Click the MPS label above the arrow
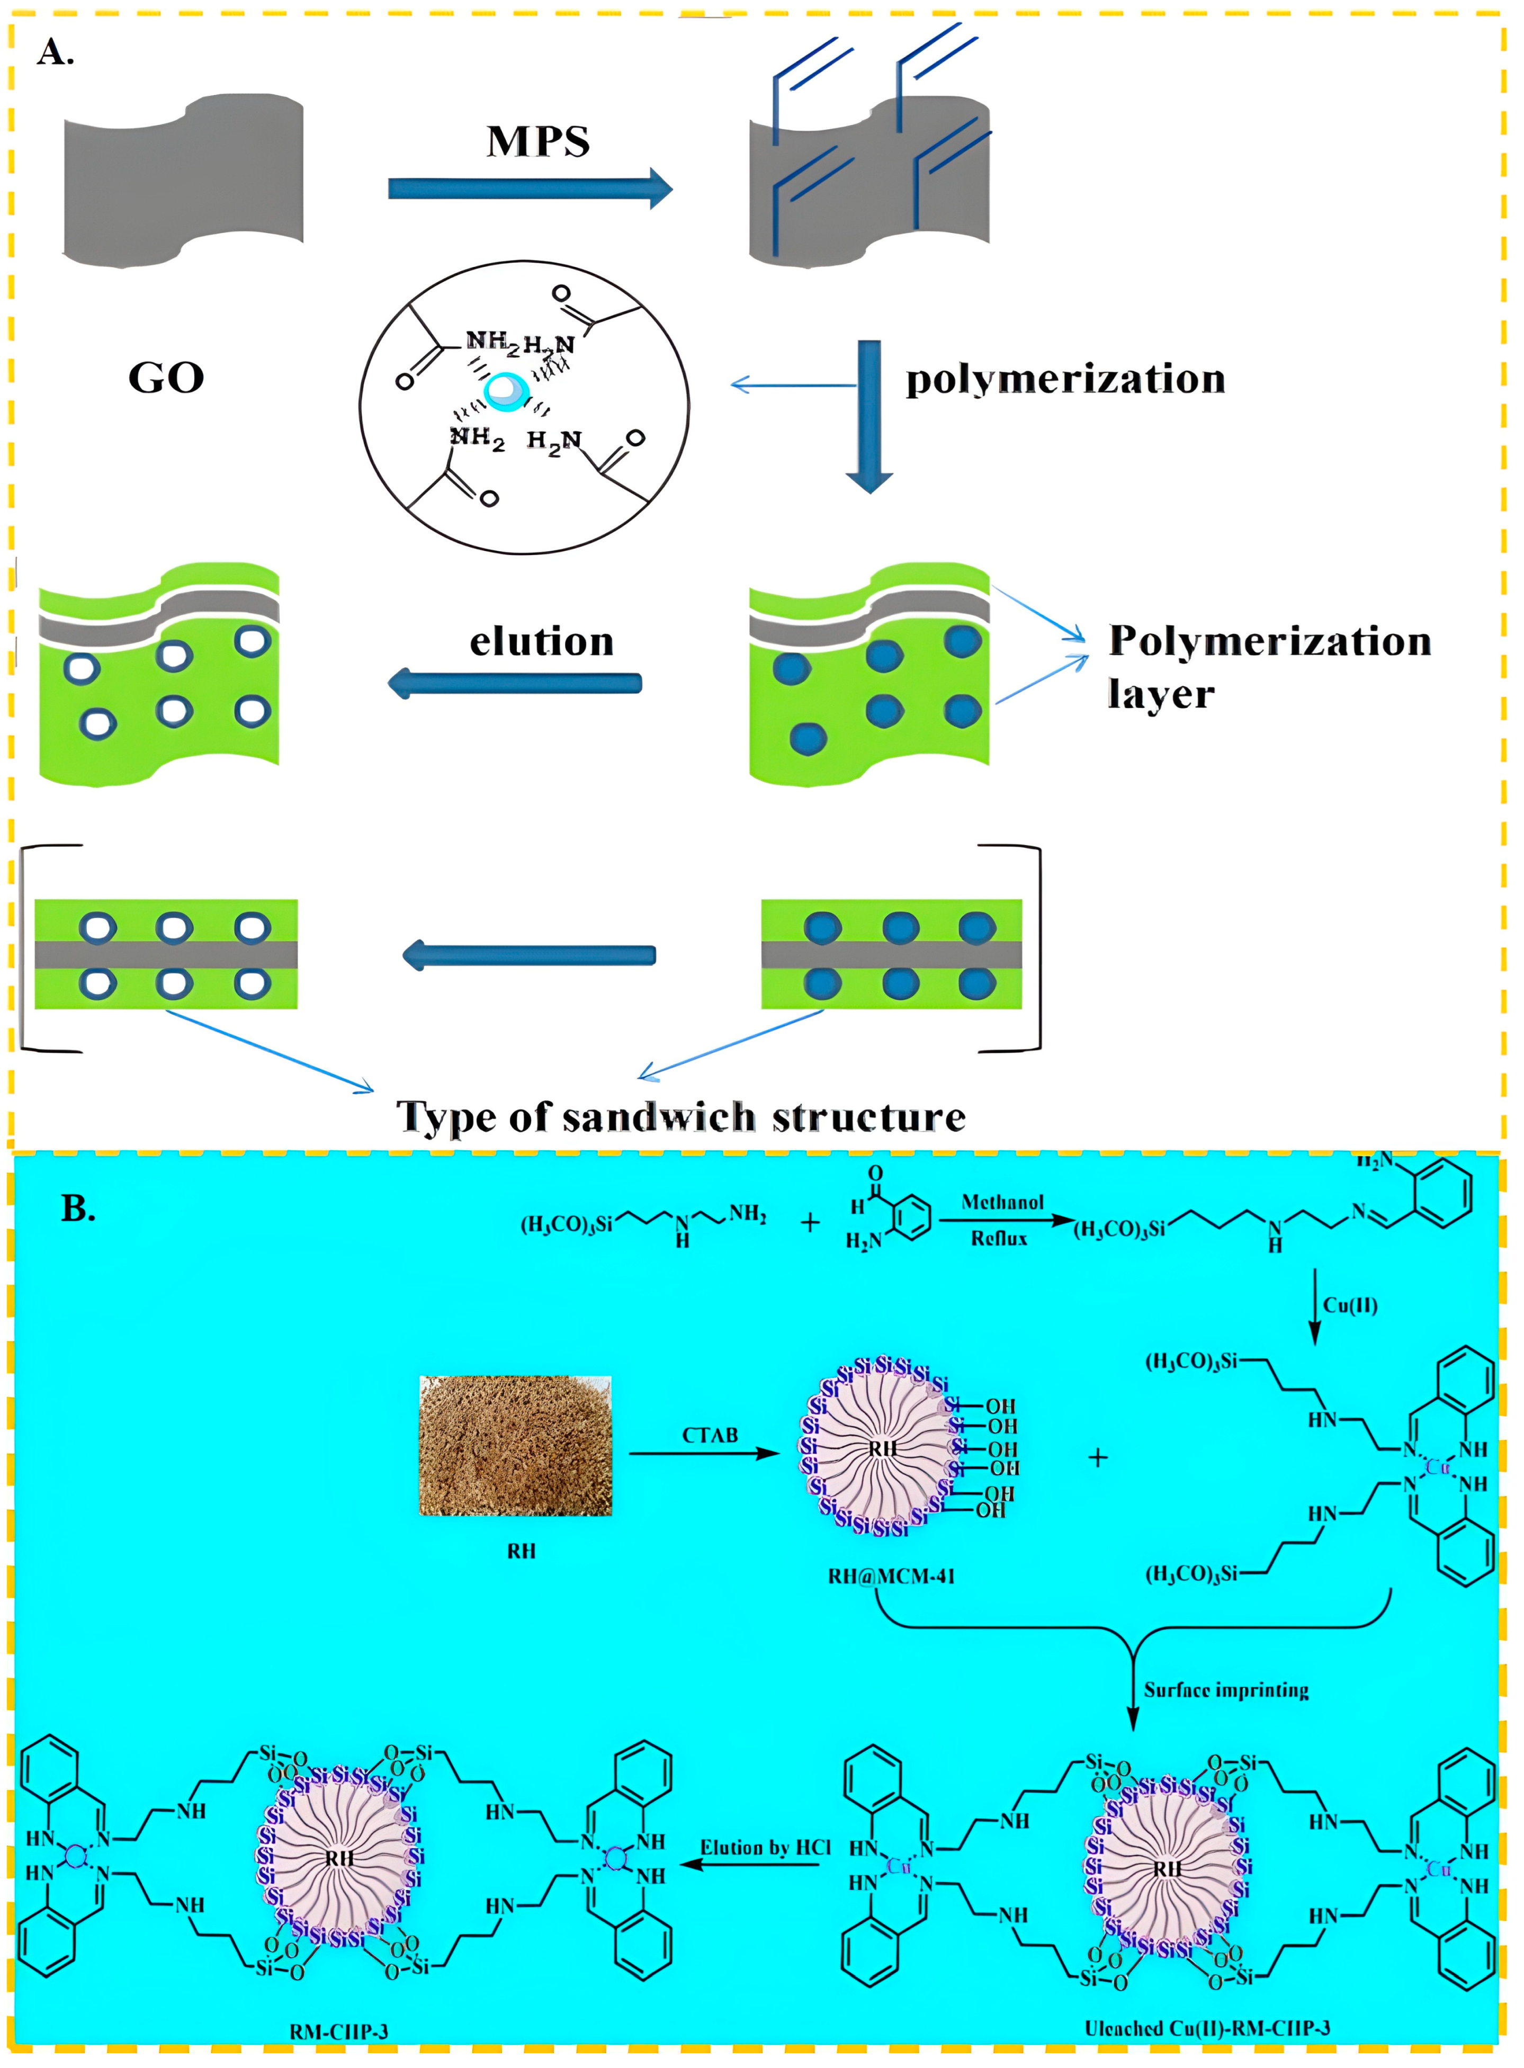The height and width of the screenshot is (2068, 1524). coord(538,141)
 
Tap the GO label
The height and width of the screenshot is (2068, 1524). coord(166,377)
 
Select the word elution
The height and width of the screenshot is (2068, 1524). coord(542,641)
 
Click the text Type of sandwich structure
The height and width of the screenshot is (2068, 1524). coord(681,1117)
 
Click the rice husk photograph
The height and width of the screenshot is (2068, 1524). coord(515,1445)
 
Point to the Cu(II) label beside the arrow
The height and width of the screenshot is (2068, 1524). coord(1350,1305)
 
